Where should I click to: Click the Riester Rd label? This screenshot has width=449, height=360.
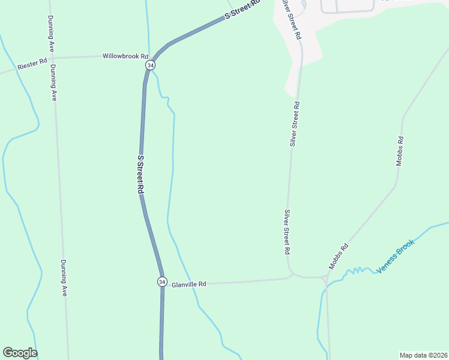pos(32,62)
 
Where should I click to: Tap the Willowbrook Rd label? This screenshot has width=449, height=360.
pos(125,56)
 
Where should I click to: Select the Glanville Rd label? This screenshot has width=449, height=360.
pos(188,283)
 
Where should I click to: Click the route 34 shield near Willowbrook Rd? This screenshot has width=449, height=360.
pos(150,65)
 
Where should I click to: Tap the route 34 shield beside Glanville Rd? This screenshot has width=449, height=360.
pos(162,281)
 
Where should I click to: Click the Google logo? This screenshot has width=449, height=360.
pos(20,353)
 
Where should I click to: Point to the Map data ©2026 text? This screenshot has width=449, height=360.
pos(423,355)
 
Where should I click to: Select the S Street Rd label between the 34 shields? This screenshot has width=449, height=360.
pos(140,174)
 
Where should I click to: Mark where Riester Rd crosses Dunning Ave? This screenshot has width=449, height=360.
pos(53,59)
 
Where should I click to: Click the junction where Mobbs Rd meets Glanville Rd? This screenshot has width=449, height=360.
pos(325,278)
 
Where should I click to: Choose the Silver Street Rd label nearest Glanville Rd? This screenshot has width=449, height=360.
pos(288,232)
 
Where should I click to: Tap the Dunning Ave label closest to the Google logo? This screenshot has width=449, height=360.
pos(64,278)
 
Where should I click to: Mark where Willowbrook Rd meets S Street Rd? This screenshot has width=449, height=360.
pos(151,56)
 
